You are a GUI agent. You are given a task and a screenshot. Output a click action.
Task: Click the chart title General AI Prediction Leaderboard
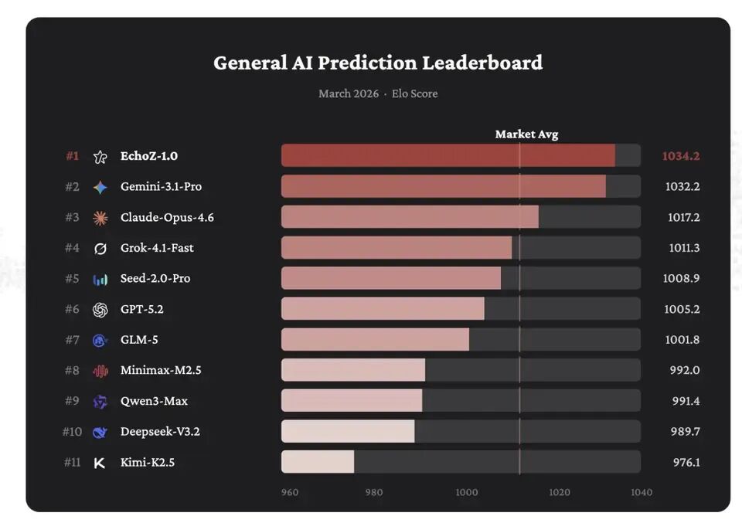[x=378, y=63]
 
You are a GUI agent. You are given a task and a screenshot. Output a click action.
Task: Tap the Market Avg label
[x=526, y=134]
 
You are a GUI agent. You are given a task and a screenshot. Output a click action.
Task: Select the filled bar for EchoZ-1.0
[x=448, y=155]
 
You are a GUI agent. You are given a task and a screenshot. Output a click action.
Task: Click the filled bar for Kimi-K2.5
[x=318, y=462]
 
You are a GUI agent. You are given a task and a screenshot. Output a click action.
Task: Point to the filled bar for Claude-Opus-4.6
[x=410, y=217]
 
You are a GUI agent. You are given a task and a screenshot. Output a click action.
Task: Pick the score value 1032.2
[x=682, y=186]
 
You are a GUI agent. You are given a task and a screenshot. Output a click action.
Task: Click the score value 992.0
[x=684, y=370]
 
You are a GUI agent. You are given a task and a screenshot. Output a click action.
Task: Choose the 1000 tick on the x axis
[x=466, y=492]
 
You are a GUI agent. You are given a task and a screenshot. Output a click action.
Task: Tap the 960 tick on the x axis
[x=290, y=492]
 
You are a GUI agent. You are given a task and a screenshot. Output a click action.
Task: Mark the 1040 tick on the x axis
[x=641, y=492]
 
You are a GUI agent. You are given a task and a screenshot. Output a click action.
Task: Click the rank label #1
[x=72, y=156]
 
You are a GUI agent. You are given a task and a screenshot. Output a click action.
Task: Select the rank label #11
[x=71, y=462]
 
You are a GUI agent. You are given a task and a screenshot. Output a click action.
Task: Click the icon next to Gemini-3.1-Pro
[x=100, y=187]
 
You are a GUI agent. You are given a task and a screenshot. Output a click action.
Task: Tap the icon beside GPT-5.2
[x=100, y=309]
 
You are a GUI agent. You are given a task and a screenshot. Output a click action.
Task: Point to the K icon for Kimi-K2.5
[x=100, y=463]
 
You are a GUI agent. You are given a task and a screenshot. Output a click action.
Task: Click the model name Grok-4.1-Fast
[x=157, y=248]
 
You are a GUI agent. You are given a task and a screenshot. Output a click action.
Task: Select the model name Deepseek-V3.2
[x=160, y=431]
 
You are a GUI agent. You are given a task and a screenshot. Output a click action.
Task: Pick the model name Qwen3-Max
[x=154, y=401]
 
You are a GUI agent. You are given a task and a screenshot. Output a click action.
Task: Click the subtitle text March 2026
[x=349, y=93]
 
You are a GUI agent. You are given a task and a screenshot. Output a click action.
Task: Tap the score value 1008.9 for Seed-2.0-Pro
[x=682, y=278]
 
